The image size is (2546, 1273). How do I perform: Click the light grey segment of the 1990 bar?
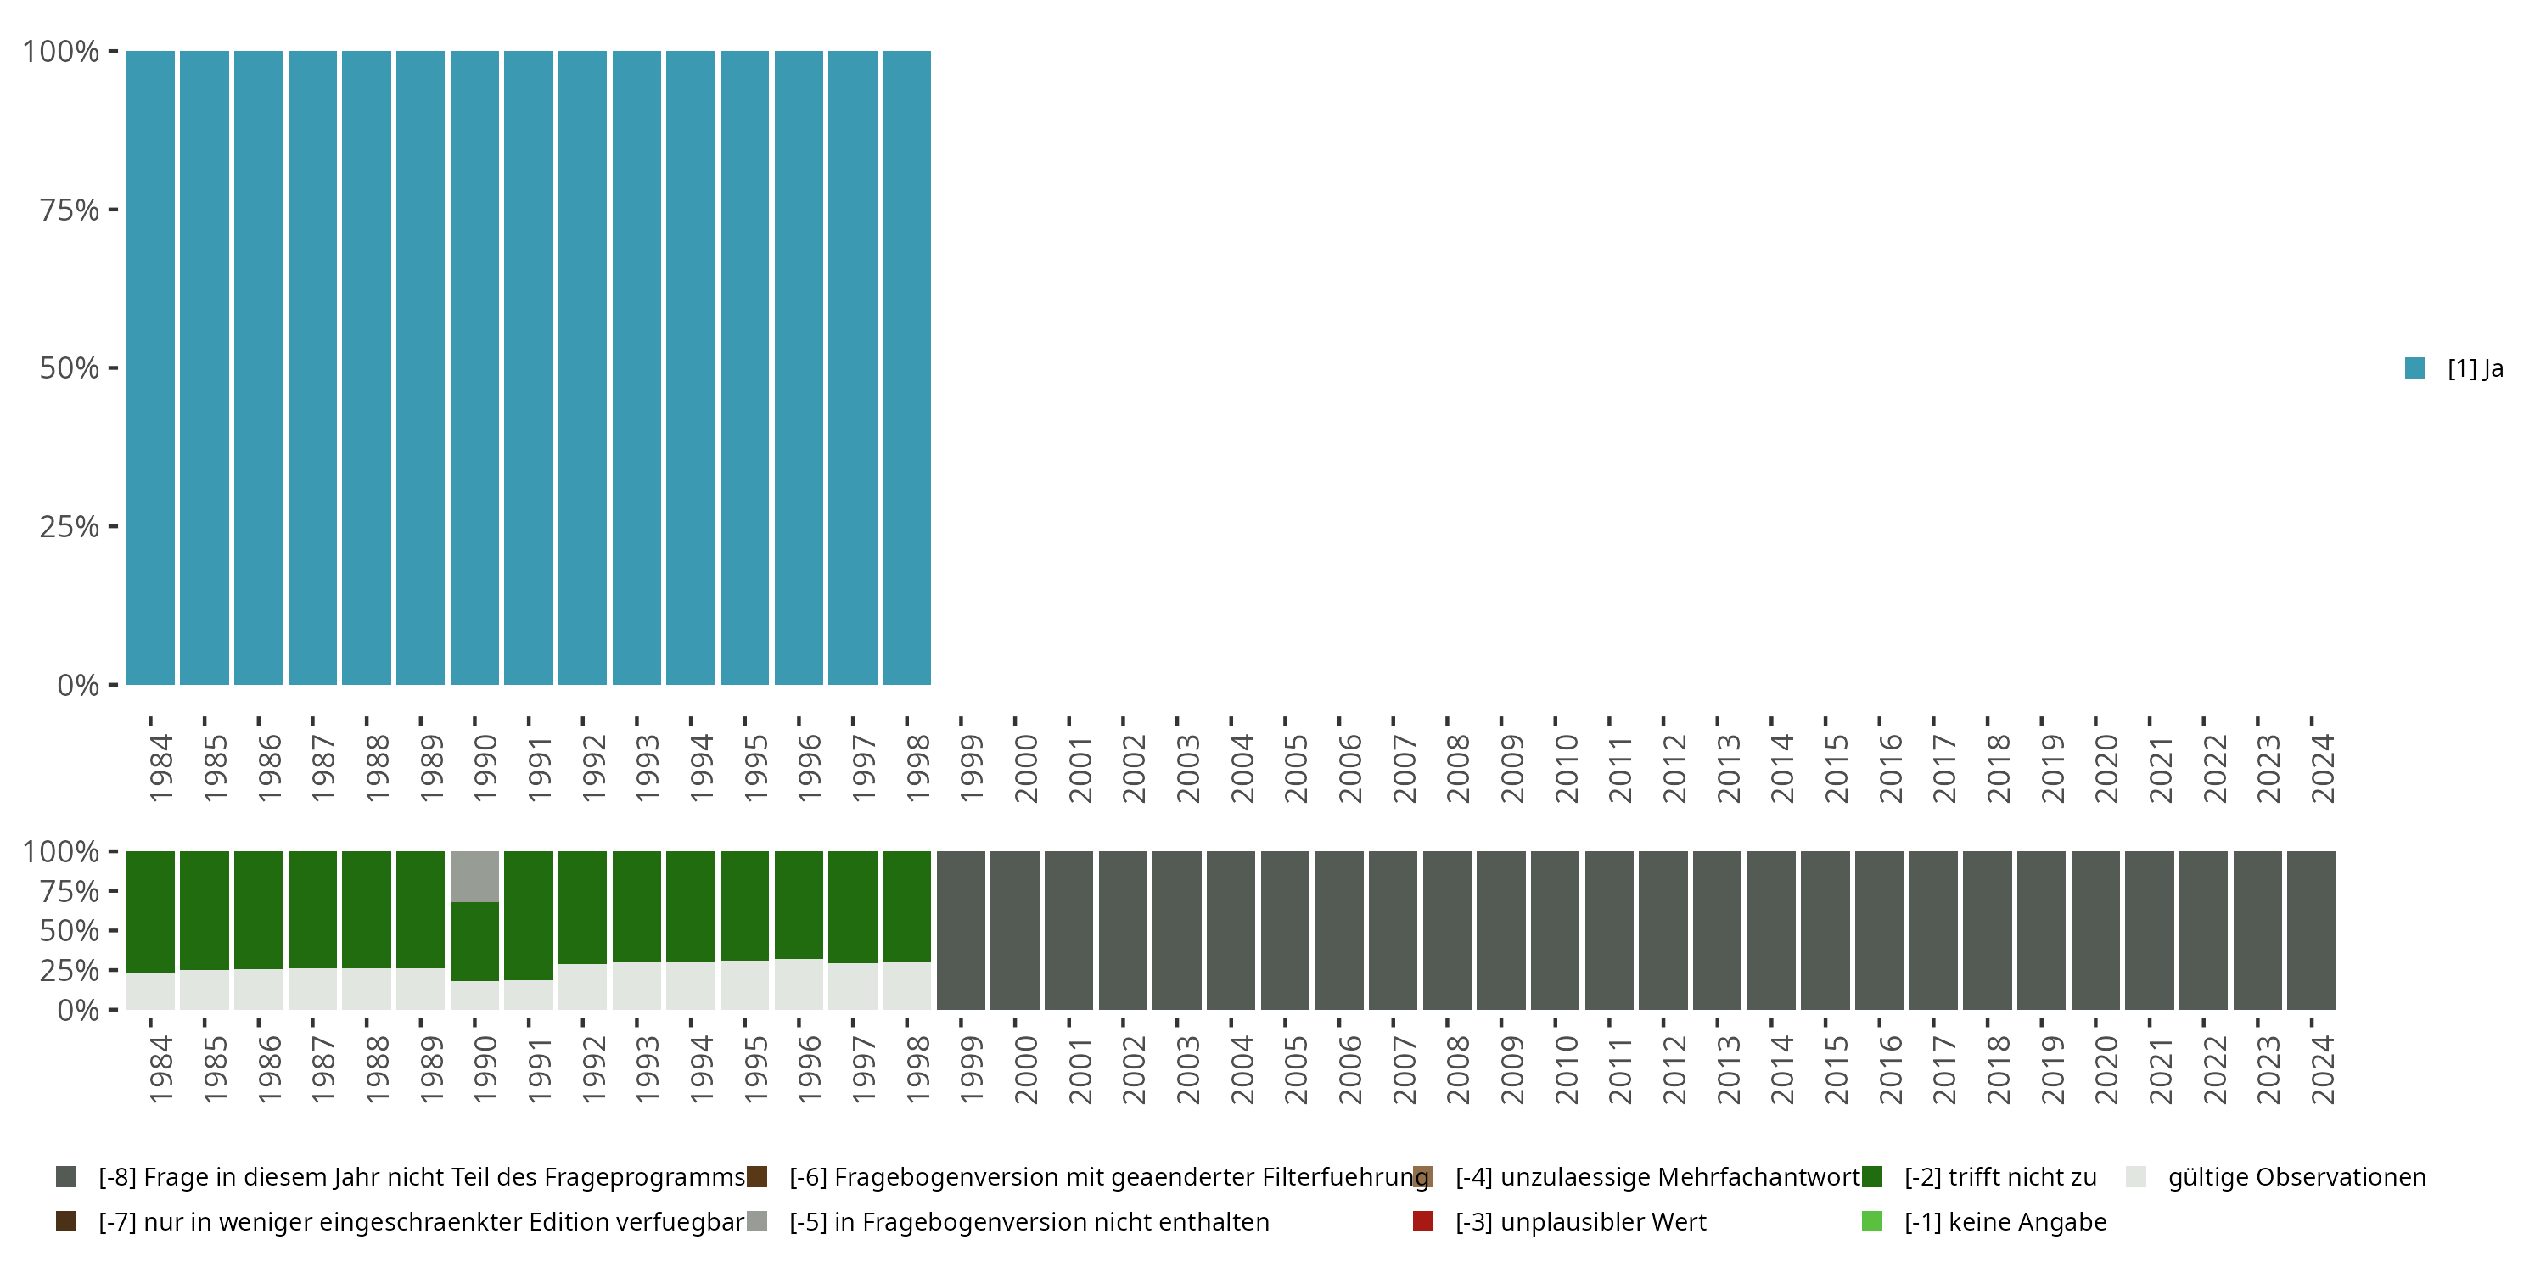[474, 876]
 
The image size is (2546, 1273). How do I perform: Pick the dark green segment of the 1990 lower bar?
[474, 941]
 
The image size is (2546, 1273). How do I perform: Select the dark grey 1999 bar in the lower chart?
[961, 930]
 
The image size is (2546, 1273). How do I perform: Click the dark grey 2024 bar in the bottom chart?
[2311, 930]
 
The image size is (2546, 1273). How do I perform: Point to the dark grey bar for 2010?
[1555, 930]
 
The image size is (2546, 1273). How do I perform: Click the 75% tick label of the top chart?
[70, 210]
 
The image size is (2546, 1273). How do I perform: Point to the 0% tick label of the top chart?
[77, 685]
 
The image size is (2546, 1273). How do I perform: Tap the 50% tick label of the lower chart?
[70, 930]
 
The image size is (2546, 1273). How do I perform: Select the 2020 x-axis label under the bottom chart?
[2106, 1070]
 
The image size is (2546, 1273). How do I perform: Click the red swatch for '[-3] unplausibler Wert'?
[1423, 1221]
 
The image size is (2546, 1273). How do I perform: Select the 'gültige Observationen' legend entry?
[2295, 1177]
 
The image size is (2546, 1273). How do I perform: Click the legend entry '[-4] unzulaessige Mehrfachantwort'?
[1657, 1177]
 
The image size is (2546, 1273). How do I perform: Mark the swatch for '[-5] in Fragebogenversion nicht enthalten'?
[757, 1221]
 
